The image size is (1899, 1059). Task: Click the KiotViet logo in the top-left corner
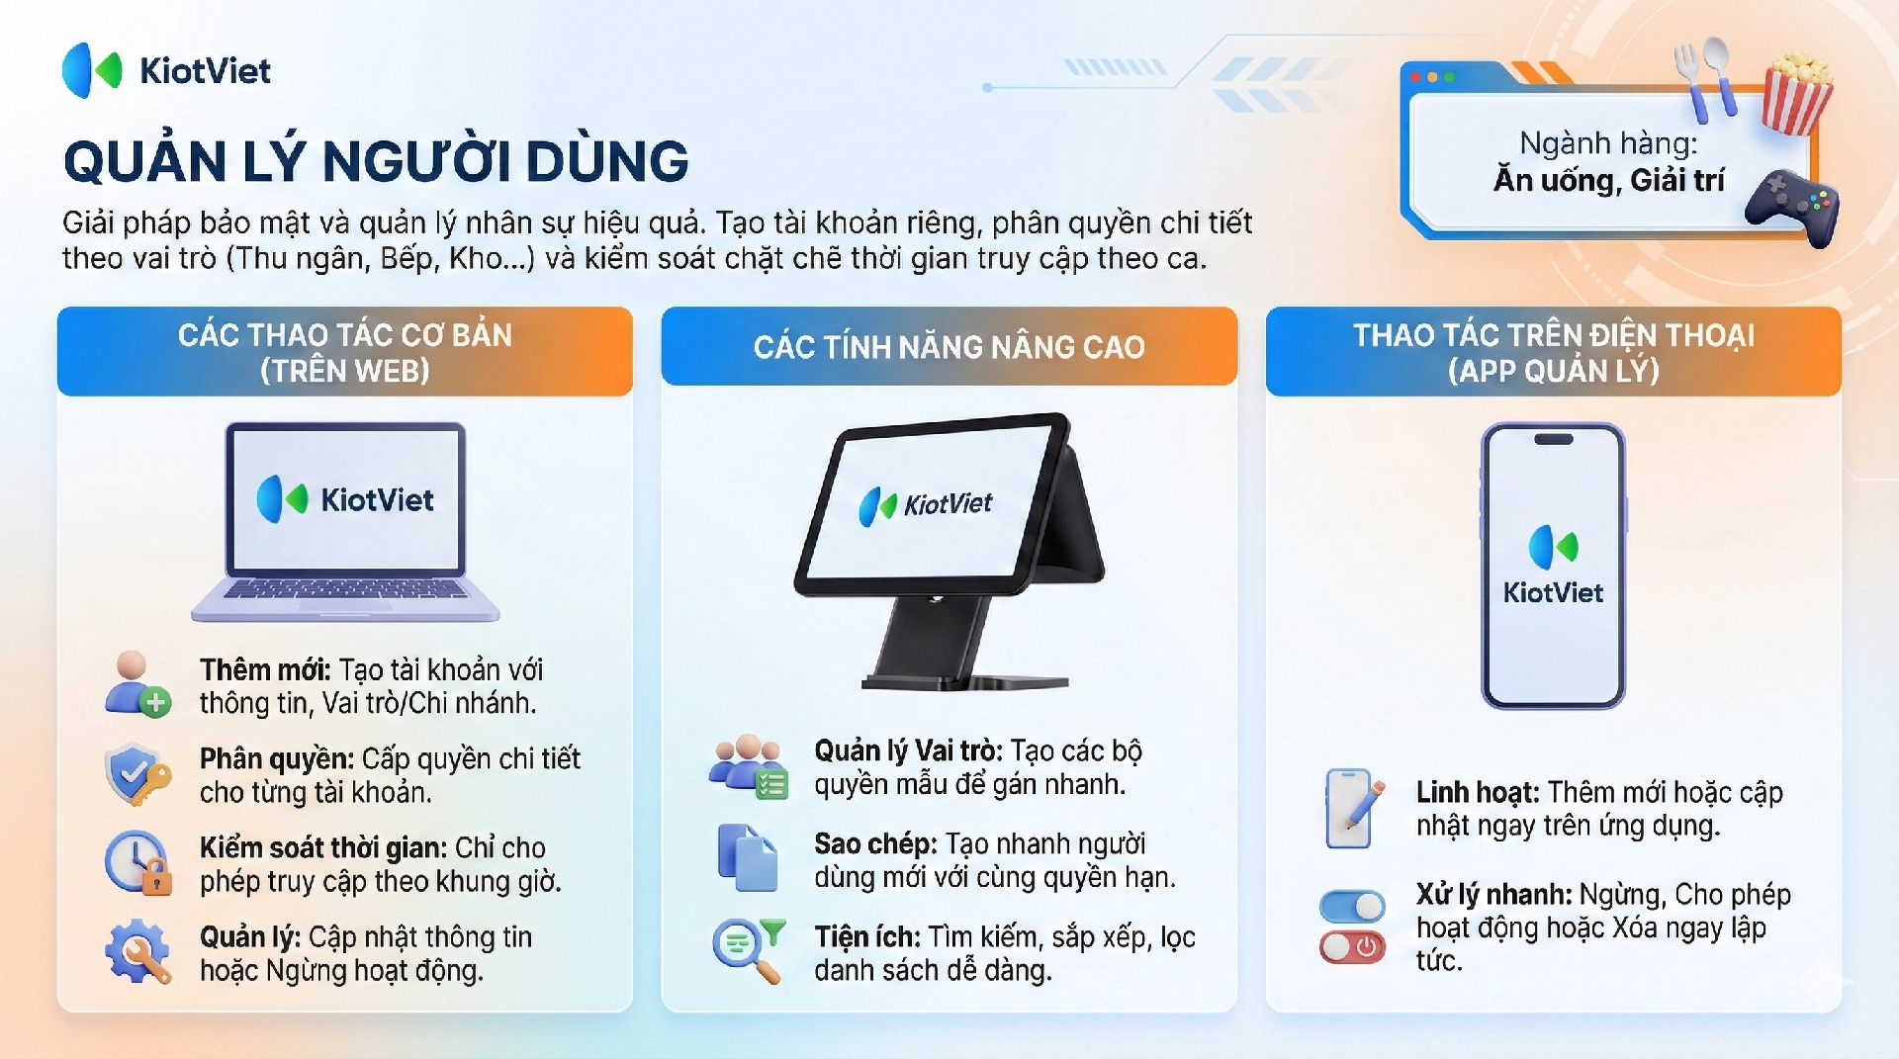coord(166,70)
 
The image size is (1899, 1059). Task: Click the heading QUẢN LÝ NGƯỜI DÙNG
coord(376,161)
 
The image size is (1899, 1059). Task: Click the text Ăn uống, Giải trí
coord(1609,180)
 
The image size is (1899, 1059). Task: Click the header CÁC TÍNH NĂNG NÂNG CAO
coord(949,347)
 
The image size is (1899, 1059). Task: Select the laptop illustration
coord(345,522)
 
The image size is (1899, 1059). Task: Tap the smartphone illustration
coord(1553,566)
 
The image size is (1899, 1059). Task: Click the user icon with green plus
coord(137,683)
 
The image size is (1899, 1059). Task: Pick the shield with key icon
coord(136,774)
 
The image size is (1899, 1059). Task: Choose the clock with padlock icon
coord(138,862)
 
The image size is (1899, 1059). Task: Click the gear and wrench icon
coord(137,951)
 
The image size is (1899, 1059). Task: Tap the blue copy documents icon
coord(747,857)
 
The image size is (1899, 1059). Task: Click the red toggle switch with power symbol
coord(1352,947)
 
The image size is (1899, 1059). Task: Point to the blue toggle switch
coord(1352,906)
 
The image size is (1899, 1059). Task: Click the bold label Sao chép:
coord(875,843)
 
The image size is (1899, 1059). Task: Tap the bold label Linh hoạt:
coord(1478,792)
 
